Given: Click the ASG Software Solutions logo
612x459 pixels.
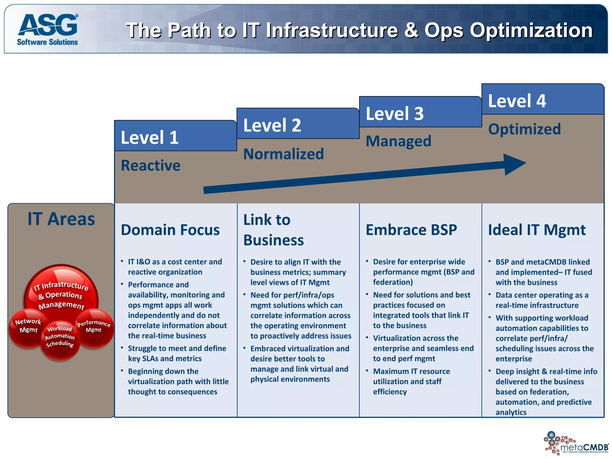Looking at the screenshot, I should tap(48, 30).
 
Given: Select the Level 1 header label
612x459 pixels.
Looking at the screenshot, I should tap(149, 137).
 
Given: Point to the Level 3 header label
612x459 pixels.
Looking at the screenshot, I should tap(394, 114).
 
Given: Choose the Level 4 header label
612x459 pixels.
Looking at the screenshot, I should tap(517, 101).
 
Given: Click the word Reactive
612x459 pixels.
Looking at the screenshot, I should tap(151, 166).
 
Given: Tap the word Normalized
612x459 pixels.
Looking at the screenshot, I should tap(283, 154).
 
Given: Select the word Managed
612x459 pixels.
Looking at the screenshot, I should tap(398, 141).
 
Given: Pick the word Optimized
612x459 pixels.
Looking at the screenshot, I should tap(524, 129).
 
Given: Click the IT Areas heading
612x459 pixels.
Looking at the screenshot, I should tap(61, 219).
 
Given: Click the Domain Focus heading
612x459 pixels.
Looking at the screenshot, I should tap(170, 230).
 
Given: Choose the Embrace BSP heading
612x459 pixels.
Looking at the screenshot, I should tap(411, 230).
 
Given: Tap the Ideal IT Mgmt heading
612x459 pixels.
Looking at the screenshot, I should tap(537, 230).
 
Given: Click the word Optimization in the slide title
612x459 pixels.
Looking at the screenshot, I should tap(531, 30).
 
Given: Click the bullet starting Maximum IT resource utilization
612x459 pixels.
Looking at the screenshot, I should tap(411, 381).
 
